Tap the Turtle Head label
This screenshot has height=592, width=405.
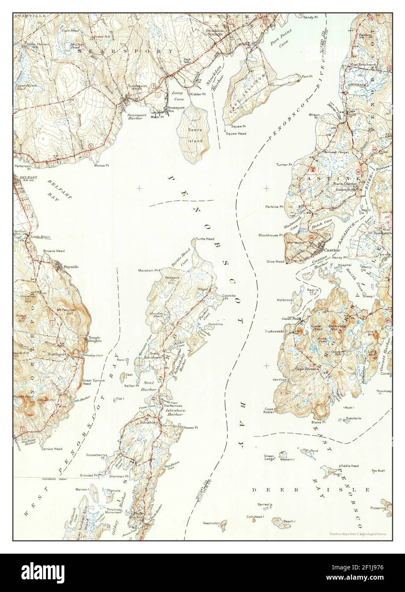click(205, 239)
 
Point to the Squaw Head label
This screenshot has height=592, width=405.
click(236, 133)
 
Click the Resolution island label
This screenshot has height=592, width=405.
click(211, 523)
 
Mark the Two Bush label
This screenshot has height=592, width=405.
click(378, 471)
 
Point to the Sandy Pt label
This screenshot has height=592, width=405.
click(311, 6)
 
